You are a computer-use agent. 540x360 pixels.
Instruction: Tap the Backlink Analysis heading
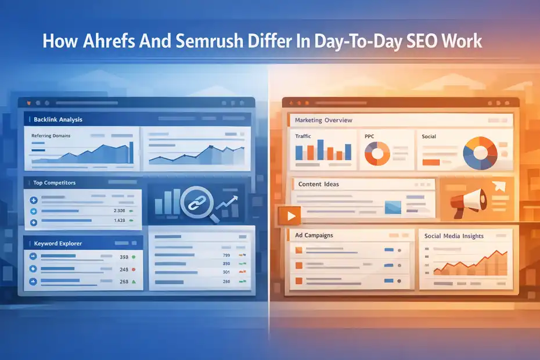pyautogui.click(x=58, y=120)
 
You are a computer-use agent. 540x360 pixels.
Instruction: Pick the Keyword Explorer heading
pyautogui.click(x=58, y=243)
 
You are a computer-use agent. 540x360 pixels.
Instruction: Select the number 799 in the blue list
pyautogui.click(x=226, y=255)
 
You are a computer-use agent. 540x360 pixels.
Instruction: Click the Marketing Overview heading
pyautogui.click(x=323, y=120)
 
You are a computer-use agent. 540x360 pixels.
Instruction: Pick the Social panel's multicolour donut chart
pyautogui.click(x=480, y=152)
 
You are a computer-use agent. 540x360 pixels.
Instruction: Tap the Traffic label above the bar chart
pyautogui.click(x=303, y=136)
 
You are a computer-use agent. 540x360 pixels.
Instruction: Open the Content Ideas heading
pyautogui.click(x=319, y=184)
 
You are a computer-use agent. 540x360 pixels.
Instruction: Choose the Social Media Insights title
pyautogui.click(x=453, y=236)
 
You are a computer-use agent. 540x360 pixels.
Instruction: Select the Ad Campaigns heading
pyautogui.click(x=315, y=236)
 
